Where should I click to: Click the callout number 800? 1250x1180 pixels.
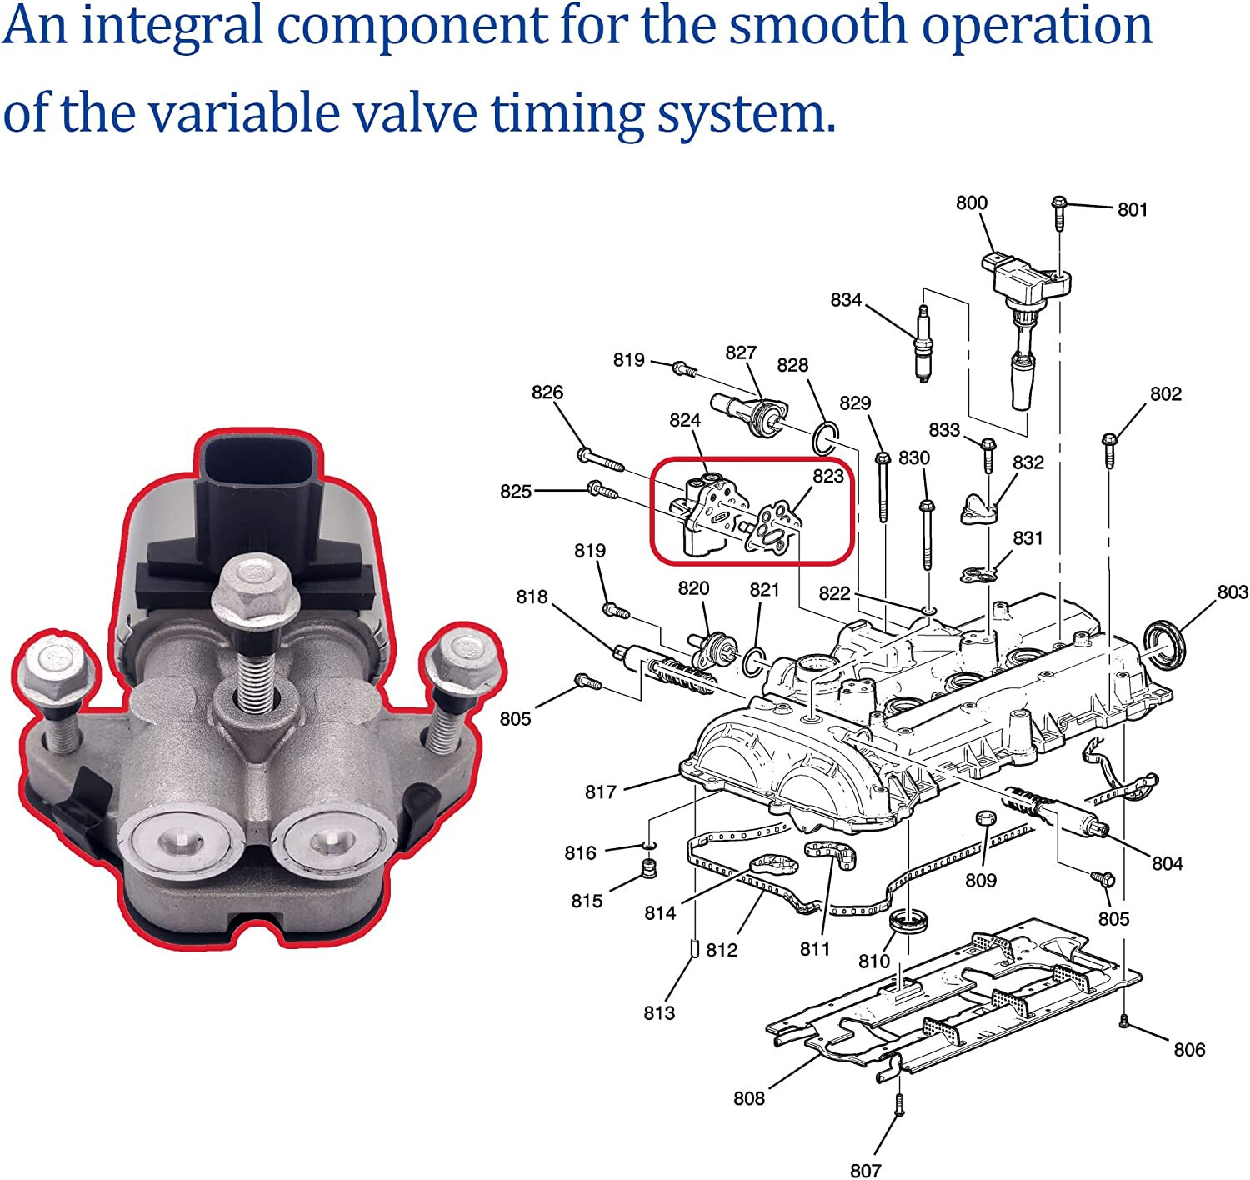[x=971, y=202]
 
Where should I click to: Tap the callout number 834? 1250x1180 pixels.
[x=845, y=299]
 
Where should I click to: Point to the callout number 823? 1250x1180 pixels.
[x=827, y=476]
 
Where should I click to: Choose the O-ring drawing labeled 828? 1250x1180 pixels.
[x=824, y=438]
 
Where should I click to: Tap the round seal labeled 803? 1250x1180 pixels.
[x=1164, y=642]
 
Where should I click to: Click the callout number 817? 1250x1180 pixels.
[x=600, y=792]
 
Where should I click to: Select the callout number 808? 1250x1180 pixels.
[x=748, y=1098]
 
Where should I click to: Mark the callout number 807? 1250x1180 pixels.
[x=865, y=1170]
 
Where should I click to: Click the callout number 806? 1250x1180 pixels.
[x=1188, y=1049]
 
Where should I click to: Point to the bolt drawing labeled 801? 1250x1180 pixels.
[x=1058, y=212]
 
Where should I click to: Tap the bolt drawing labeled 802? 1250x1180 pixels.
[x=1108, y=449]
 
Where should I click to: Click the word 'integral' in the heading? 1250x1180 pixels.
[x=177, y=26]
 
